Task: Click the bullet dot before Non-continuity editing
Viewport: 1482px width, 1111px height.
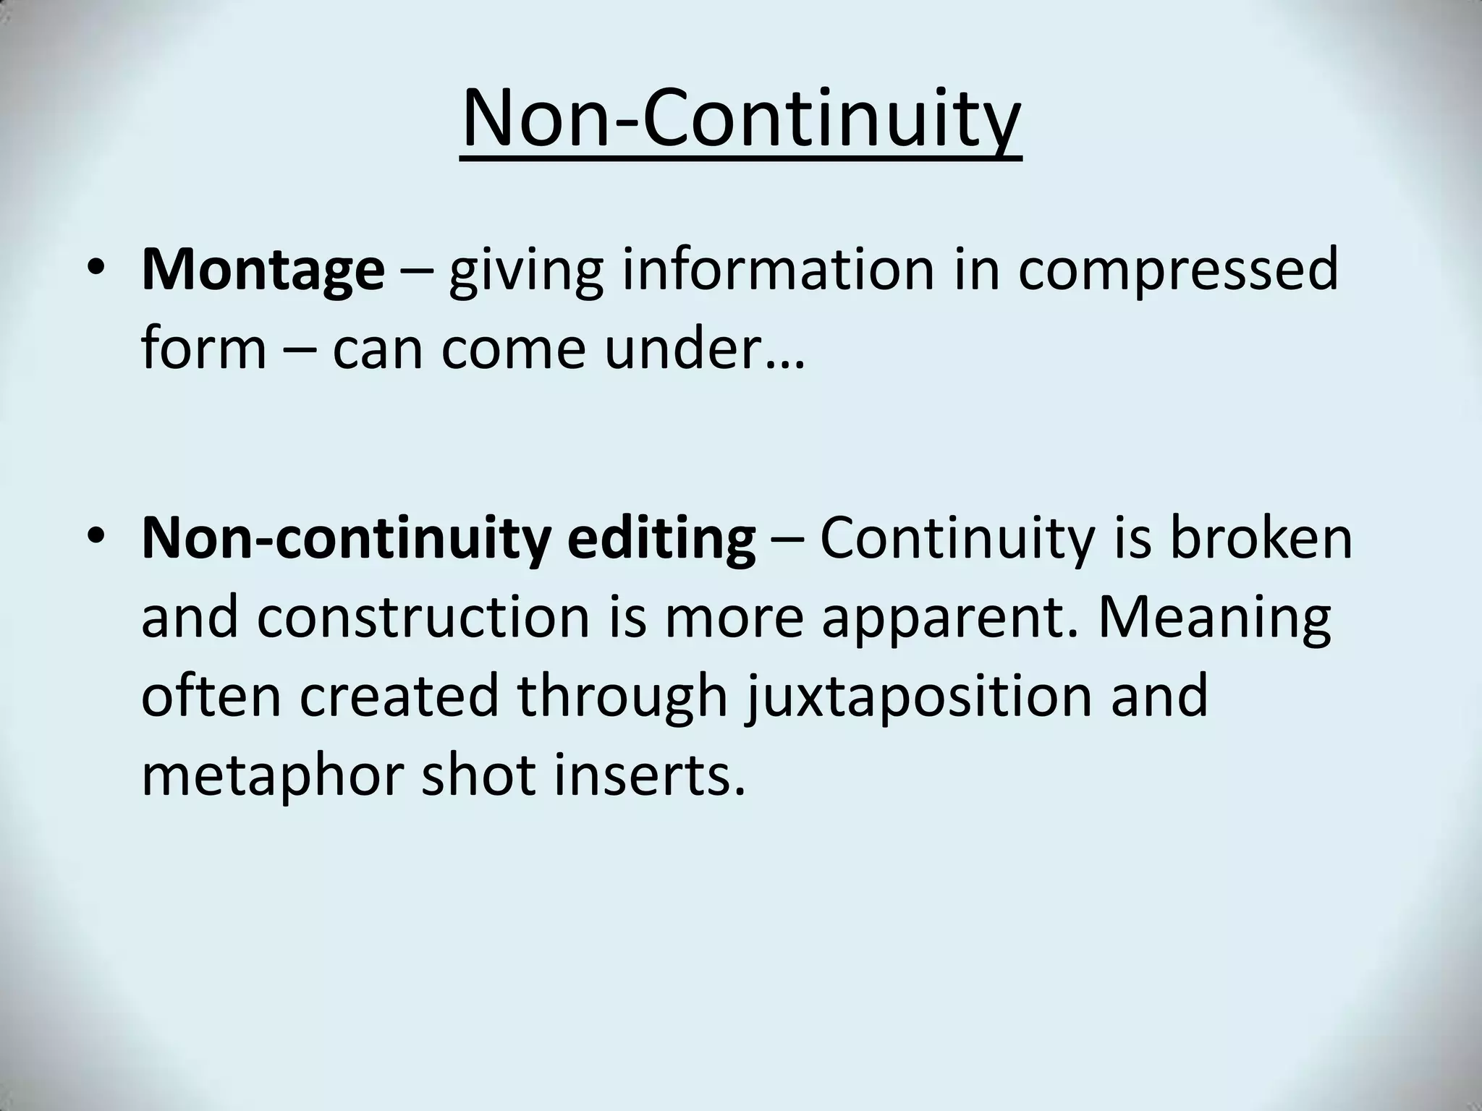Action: (94, 538)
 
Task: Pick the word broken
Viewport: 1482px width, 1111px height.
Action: (1261, 538)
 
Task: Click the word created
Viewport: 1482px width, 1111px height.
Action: (399, 695)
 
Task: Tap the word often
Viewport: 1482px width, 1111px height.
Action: (211, 695)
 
